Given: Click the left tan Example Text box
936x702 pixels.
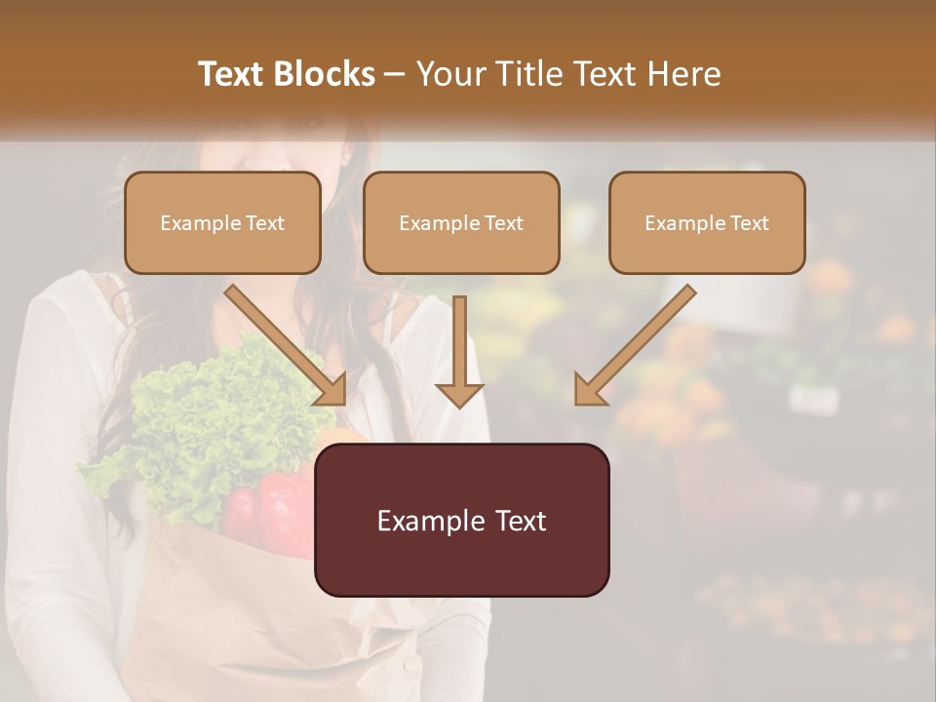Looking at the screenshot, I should (222, 223).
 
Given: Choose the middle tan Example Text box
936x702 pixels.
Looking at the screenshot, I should (461, 223).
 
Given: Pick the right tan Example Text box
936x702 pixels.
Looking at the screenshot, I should (707, 223).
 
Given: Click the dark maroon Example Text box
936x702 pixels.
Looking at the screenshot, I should (461, 520).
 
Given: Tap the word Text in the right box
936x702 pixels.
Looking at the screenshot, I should (750, 223).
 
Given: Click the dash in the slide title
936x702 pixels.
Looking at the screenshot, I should (395, 74).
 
